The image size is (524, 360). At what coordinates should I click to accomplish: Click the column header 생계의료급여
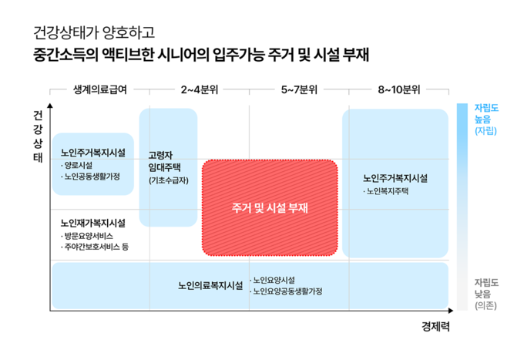point(100,89)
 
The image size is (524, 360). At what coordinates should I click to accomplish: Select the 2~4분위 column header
point(200,89)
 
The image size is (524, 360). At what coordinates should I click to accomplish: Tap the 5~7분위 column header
point(299,89)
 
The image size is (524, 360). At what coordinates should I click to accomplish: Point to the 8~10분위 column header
point(399,89)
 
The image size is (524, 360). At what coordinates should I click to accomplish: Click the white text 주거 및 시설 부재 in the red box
point(270,208)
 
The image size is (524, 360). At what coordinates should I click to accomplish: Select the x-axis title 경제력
point(435,326)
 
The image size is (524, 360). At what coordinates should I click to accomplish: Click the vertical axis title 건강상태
point(38,136)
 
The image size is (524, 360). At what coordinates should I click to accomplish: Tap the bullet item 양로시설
point(77,166)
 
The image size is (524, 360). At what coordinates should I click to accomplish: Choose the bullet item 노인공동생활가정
point(91,177)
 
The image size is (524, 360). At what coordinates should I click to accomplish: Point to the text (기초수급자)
point(169,180)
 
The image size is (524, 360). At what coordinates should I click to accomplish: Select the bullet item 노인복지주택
point(386,191)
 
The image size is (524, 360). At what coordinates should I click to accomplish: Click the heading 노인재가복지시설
point(93,223)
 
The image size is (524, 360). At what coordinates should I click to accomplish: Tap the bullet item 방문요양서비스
point(87,236)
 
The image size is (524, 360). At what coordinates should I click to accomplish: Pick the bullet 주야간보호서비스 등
point(95,247)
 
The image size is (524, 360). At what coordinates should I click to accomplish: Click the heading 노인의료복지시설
point(210,285)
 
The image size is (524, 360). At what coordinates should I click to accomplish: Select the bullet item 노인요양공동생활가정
point(287,291)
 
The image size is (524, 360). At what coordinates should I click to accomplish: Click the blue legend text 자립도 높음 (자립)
point(486,119)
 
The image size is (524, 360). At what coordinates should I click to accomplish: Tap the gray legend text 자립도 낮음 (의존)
point(486,294)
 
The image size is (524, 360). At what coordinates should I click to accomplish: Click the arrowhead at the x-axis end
point(451,311)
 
